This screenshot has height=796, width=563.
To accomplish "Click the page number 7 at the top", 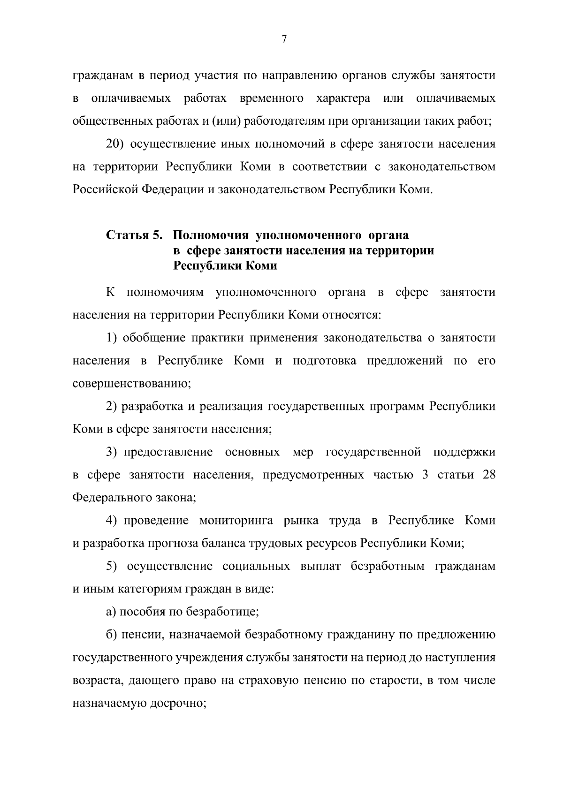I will (x=284, y=39).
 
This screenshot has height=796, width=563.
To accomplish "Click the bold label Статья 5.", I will (x=134, y=235).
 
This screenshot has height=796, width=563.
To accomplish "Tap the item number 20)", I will (x=115, y=144).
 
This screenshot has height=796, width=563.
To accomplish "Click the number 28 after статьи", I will (x=489, y=475).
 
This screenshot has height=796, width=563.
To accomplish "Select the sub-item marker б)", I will (x=111, y=635).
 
